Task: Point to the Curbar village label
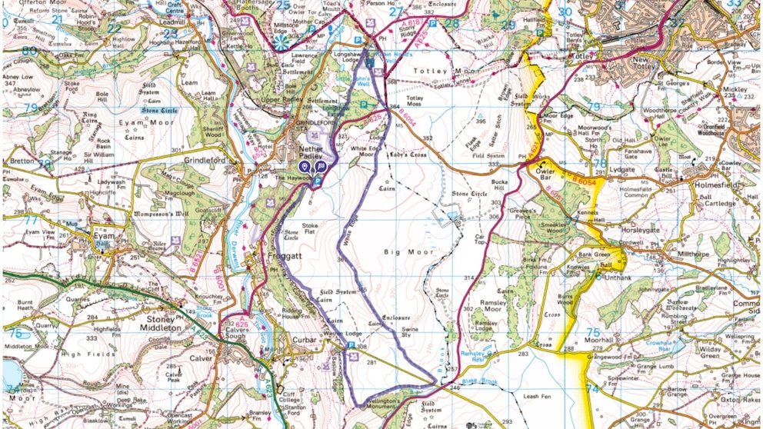[x=305, y=339]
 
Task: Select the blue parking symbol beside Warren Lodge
[x=352, y=346]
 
